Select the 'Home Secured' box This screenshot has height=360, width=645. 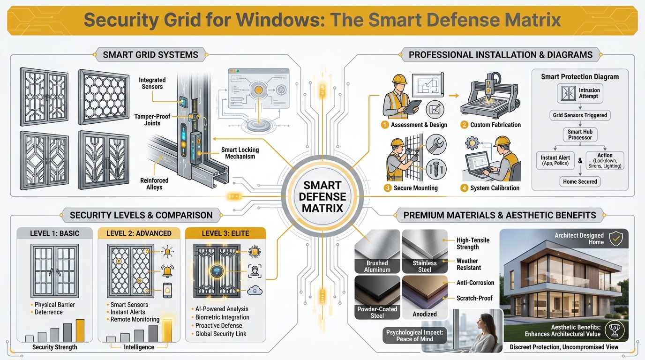pyautogui.click(x=580, y=181)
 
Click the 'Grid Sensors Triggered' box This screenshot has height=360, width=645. pyautogui.click(x=579, y=115)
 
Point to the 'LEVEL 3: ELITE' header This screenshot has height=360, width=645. pyautogui.click(x=225, y=233)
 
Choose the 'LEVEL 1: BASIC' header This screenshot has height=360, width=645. pyautogui.click(x=55, y=233)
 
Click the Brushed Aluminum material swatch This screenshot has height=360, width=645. pyautogui.click(x=377, y=251)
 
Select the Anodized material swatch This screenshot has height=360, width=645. pyautogui.click(x=425, y=297)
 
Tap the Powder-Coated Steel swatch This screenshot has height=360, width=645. pyautogui.click(x=377, y=297)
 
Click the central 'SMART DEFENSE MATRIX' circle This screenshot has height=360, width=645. pyautogui.click(x=323, y=196)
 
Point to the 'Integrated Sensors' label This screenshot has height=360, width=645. pyautogui.click(x=152, y=83)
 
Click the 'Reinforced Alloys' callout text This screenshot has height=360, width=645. pyautogui.click(x=154, y=184)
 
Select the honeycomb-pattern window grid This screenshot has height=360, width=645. pyautogui.click(x=103, y=97)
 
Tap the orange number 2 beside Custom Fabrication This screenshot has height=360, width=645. pyautogui.click(x=464, y=125)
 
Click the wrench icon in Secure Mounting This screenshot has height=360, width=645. pyautogui.click(x=435, y=144)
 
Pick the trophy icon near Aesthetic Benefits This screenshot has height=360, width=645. pyautogui.click(x=614, y=330)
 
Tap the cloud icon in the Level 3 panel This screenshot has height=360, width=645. pyautogui.click(x=255, y=291)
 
